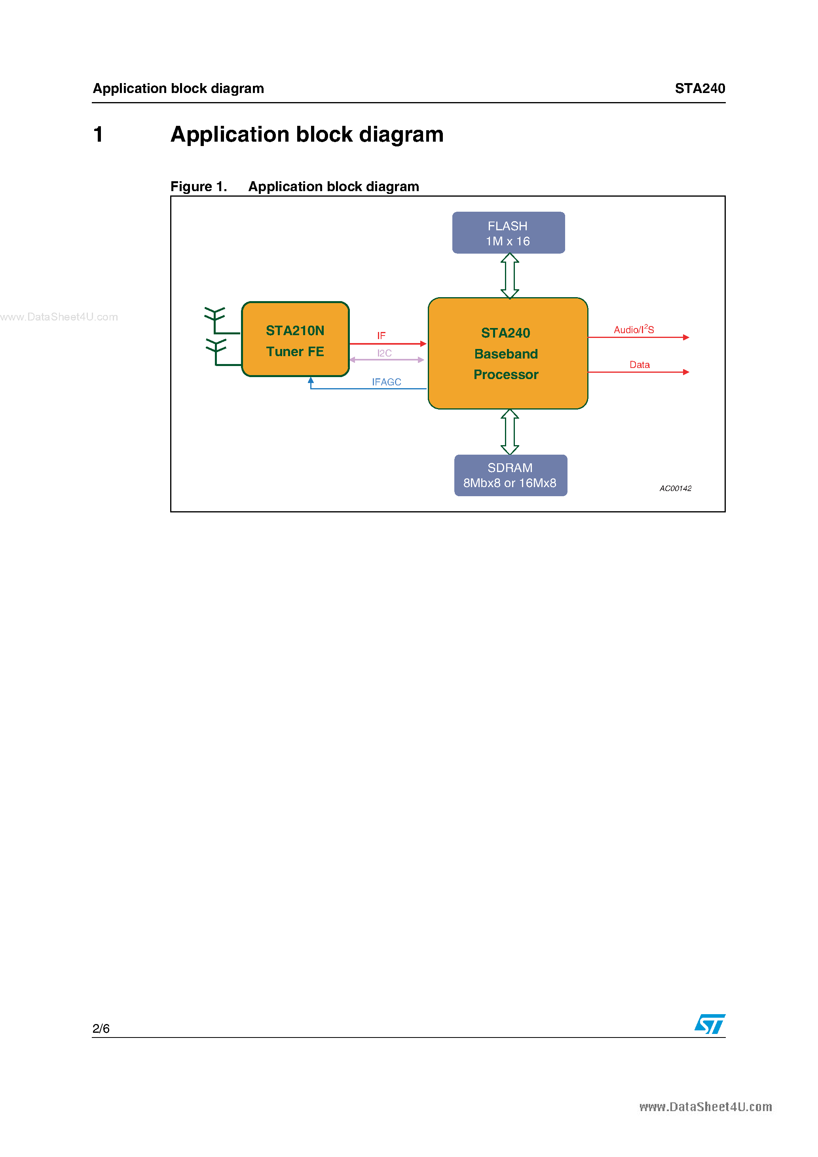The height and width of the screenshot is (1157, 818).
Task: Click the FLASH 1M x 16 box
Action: tap(508, 233)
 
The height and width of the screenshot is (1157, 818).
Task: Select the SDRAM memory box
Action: tap(510, 475)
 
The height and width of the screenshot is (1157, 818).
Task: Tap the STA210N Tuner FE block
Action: tap(295, 339)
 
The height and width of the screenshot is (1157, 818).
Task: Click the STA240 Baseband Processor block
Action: tap(507, 353)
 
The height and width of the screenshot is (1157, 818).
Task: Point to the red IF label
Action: tap(381, 336)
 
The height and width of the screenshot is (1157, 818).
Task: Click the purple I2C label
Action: tap(384, 353)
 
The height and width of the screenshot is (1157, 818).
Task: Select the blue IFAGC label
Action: tap(386, 382)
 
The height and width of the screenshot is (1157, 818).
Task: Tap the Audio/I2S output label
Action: tap(634, 330)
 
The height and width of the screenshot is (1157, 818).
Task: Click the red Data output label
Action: tap(639, 364)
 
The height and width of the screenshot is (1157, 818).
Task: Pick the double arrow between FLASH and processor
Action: tap(510, 276)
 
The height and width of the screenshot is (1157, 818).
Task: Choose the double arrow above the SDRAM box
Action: tap(510, 432)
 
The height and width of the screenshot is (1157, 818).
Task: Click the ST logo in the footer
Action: tap(710, 1024)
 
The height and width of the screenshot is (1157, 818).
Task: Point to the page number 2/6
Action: tap(101, 1028)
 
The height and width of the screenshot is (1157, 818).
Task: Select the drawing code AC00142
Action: tap(676, 488)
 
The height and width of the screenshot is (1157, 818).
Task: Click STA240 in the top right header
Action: tap(700, 89)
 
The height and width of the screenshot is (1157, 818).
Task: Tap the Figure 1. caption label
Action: tap(199, 186)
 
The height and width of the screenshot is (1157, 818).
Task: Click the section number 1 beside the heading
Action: tap(98, 135)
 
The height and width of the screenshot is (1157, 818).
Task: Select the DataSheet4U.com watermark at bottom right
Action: tap(706, 1107)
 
